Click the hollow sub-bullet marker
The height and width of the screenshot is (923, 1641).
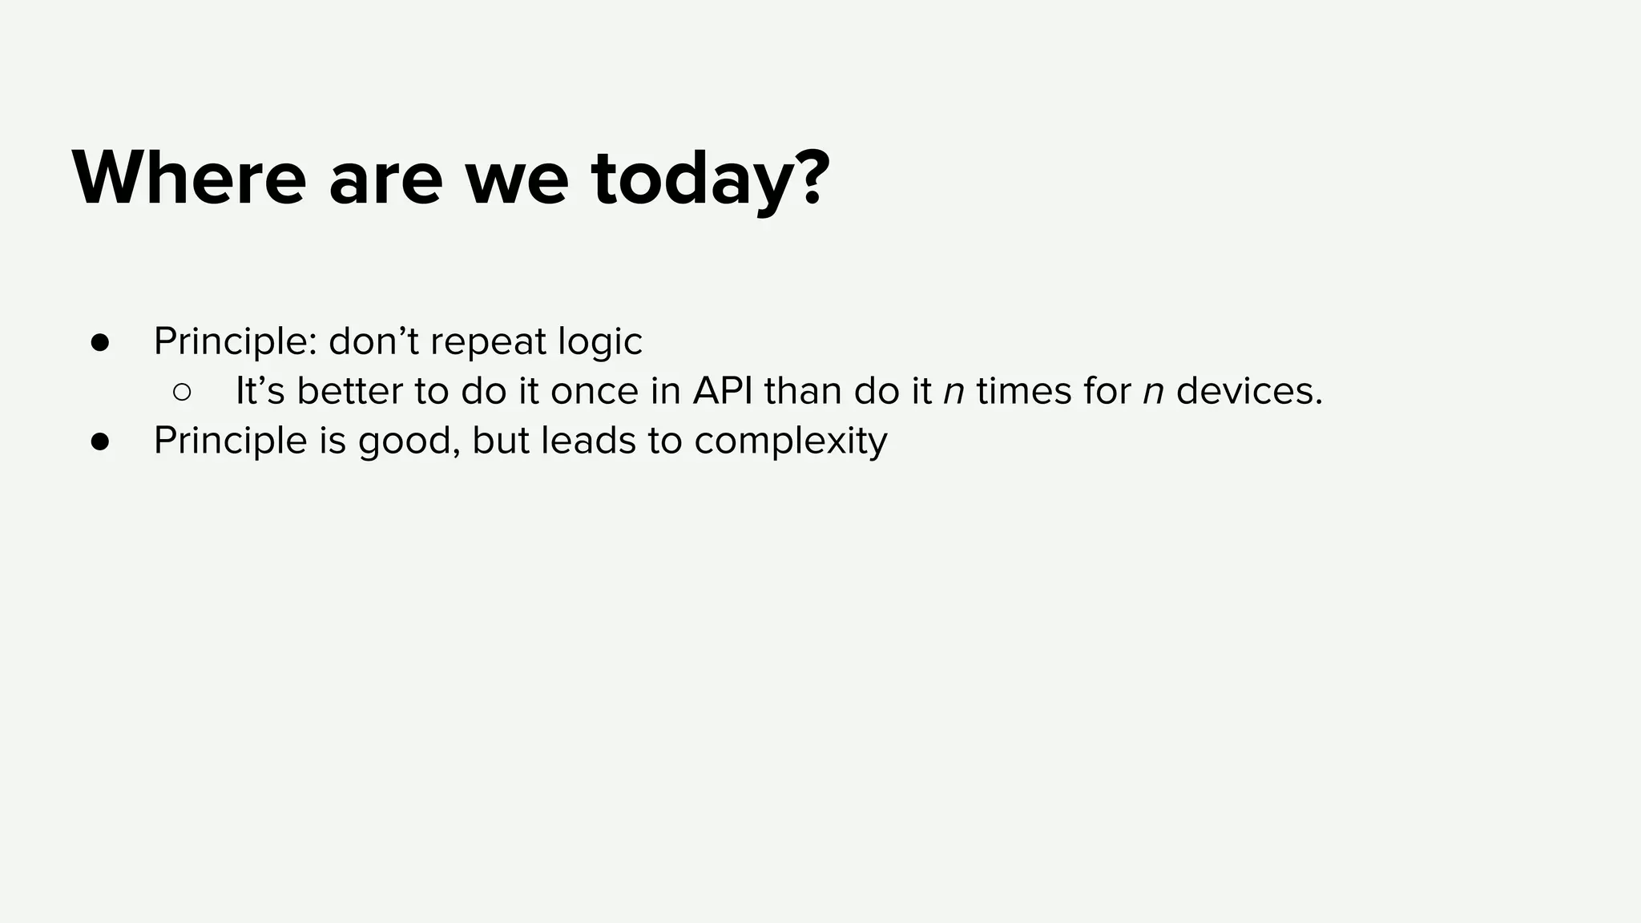tap(182, 392)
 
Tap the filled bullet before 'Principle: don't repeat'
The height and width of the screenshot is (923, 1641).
tap(100, 342)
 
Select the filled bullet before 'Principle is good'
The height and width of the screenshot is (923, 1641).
tap(100, 441)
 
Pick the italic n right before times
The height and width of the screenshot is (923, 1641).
tap(954, 393)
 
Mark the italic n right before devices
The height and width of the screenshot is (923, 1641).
tap(1153, 393)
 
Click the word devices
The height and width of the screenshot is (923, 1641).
tap(1249, 391)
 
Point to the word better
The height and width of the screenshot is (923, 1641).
tap(350, 391)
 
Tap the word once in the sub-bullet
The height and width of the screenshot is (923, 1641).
tap(590, 392)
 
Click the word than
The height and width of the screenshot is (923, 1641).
tap(803, 391)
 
